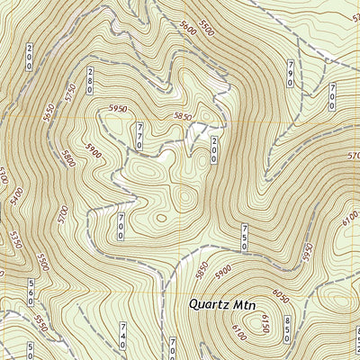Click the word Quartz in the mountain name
pos(209,304)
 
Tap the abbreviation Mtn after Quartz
pos(243,305)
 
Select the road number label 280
pos(91,79)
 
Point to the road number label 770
pos(139,136)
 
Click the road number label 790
pos(291,74)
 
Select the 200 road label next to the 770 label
pos(215,149)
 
